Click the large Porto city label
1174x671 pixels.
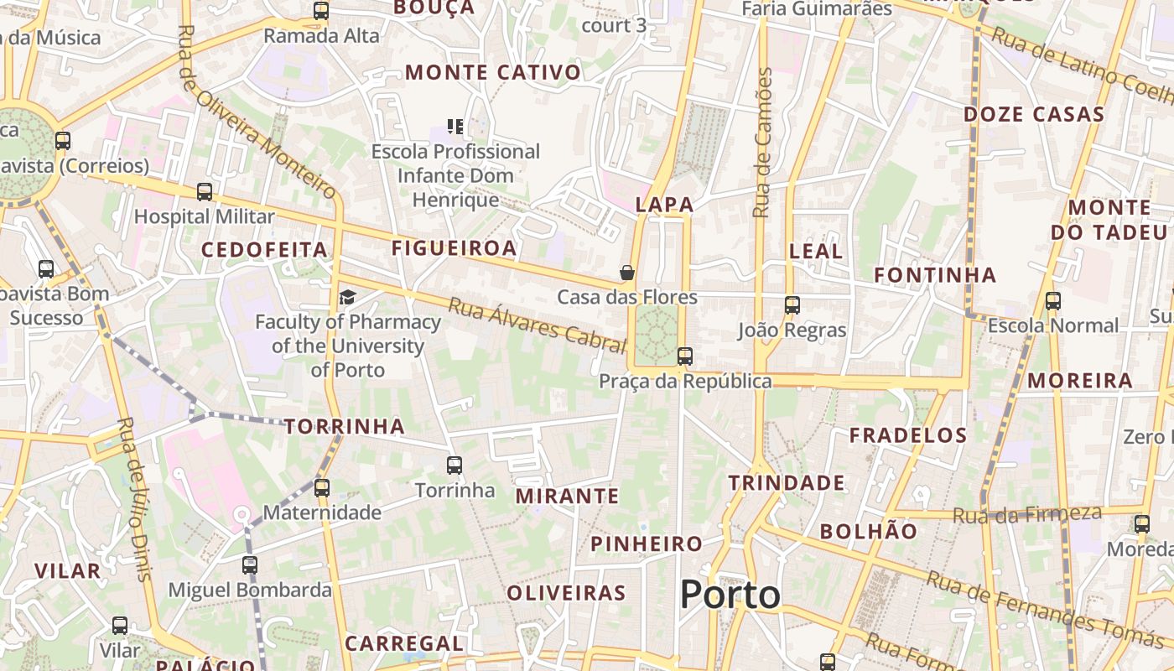click(730, 595)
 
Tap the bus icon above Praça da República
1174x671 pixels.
click(685, 356)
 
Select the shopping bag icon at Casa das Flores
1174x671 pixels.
click(626, 273)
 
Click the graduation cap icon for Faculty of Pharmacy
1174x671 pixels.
click(347, 297)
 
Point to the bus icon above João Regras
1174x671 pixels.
click(792, 305)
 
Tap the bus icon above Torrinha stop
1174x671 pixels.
click(455, 465)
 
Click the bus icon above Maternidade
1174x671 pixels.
click(321, 487)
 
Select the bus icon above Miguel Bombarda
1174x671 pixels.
click(250, 564)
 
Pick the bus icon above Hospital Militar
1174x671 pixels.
click(205, 192)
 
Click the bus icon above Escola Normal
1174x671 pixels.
click(1052, 301)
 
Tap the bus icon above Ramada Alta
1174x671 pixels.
click(321, 12)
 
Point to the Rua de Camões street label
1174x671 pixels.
click(762, 143)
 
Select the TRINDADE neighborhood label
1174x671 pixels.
click(786, 482)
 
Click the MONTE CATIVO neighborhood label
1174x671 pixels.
click(493, 72)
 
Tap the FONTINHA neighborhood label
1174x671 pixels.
click(935, 275)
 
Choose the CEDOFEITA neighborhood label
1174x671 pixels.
click(264, 249)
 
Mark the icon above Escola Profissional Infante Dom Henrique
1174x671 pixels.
click(455, 127)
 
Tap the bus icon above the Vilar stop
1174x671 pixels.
click(120, 626)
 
